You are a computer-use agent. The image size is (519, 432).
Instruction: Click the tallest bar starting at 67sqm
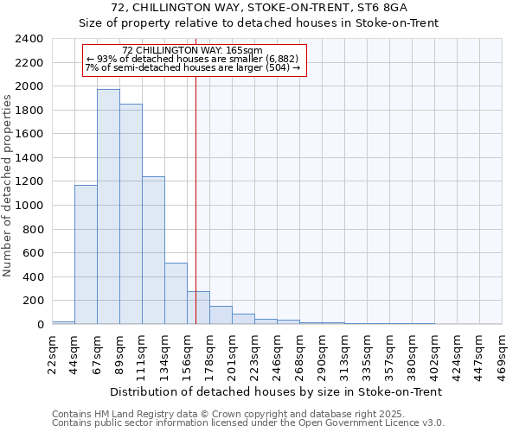(108, 207)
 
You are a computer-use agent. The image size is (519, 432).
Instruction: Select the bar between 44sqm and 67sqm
(86, 255)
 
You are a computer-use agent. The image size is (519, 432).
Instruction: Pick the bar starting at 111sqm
(153, 251)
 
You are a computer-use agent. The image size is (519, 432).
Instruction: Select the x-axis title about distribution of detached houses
(277, 391)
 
